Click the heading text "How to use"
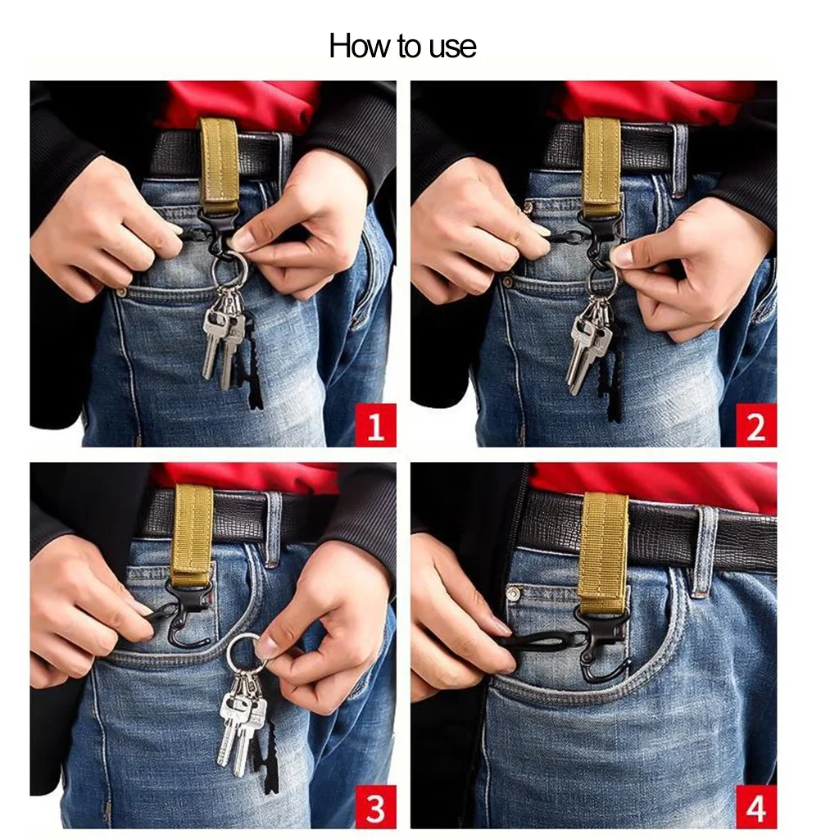402,46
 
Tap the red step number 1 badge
375,426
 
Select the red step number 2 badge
755,426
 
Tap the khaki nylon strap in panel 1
220,164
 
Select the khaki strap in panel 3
193,533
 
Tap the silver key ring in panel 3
243,649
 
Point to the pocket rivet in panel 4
514,592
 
